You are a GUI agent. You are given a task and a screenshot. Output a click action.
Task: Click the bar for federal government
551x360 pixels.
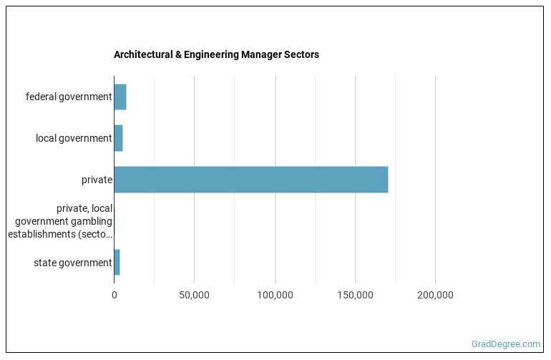(120, 97)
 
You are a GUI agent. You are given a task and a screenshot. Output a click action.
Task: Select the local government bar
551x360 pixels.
(119, 138)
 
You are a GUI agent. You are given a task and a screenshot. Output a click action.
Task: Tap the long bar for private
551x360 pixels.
(250, 180)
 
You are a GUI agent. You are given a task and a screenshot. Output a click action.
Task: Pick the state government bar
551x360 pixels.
(117, 263)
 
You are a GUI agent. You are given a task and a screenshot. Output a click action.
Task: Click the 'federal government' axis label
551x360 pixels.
(69, 97)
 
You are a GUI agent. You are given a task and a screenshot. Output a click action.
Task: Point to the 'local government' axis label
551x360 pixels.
(74, 138)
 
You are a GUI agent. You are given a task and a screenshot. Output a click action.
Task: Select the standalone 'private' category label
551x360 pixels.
(97, 180)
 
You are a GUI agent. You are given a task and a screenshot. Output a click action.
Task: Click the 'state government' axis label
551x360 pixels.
(73, 263)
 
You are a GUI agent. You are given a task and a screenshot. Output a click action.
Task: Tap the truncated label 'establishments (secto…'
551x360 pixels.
(60, 234)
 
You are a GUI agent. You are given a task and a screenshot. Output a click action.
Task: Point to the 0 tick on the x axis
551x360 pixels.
(114, 295)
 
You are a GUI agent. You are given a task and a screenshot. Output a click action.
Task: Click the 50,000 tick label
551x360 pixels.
(194, 295)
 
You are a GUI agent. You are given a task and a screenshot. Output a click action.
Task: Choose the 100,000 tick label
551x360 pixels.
(275, 295)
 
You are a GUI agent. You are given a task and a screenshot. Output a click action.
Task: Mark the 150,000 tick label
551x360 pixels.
(355, 295)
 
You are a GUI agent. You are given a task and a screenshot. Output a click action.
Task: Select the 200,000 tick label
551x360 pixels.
(435, 295)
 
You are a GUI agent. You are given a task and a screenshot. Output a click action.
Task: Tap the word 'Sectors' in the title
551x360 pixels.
(302, 54)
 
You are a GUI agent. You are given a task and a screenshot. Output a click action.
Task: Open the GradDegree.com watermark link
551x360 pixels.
(507, 344)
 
